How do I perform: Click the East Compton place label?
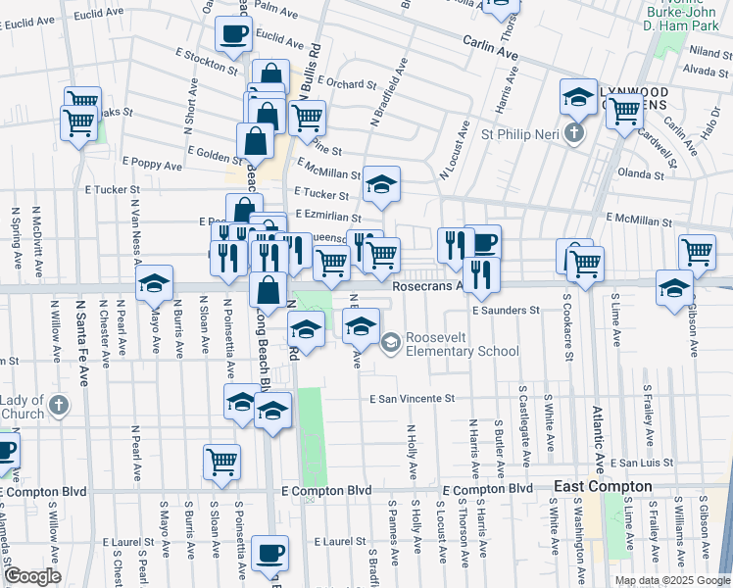pos(603,486)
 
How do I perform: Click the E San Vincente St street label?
pos(413,399)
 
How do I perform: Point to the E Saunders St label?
pos(505,310)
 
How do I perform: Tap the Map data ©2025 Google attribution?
pos(671,580)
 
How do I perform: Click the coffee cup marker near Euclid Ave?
pos(233,35)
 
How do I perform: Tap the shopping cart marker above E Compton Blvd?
pos(222,461)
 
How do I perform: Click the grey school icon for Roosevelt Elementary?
pos(390,341)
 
